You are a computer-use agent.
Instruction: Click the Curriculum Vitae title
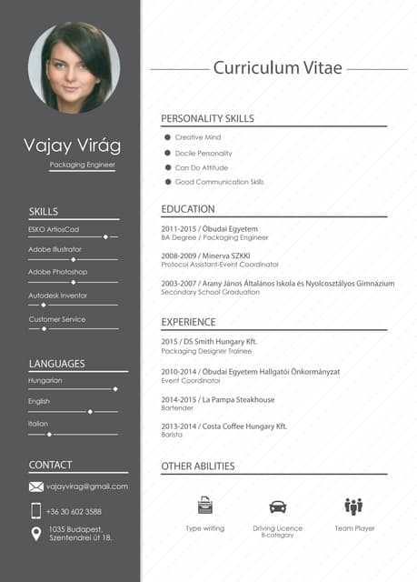click(277, 68)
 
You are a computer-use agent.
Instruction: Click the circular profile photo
click(74, 68)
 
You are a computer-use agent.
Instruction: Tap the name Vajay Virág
click(72, 145)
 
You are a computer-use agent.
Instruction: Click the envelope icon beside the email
click(36, 487)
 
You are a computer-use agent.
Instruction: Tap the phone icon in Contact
click(36, 511)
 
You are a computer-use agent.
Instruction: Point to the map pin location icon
click(36, 534)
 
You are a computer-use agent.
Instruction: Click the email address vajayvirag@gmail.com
click(87, 487)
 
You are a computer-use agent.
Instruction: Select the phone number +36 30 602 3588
click(74, 512)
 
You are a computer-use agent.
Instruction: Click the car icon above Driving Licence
click(277, 507)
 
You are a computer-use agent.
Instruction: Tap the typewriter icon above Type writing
click(205, 506)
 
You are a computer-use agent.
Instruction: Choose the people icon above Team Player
click(353, 506)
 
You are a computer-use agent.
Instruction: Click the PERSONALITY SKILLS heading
click(207, 118)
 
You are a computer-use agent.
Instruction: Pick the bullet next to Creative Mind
click(168, 137)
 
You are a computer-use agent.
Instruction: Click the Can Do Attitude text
click(202, 167)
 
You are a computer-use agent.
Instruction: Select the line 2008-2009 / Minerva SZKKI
click(205, 256)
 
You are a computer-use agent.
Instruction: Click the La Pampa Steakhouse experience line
click(218, 399)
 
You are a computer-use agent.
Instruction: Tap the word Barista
click(172, 435)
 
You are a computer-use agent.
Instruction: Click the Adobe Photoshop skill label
click(58, 272)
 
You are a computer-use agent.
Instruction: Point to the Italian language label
click(38, 424)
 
